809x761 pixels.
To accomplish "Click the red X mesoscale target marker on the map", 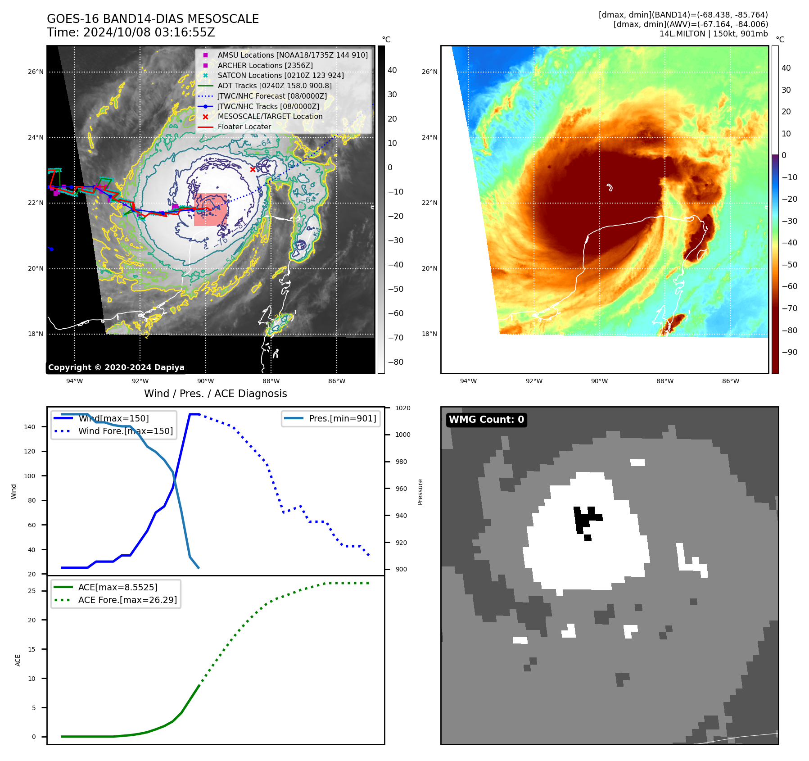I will click(x=253, y=170).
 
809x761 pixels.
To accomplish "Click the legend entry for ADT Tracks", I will click(x=274, y=86).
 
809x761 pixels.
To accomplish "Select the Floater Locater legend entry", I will click(x=244, y=127).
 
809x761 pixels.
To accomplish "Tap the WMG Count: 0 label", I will click(x=486, y=420).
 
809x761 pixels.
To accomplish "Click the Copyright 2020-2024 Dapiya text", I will click(x=116, y=367).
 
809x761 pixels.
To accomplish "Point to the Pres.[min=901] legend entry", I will click(x=342, y=418).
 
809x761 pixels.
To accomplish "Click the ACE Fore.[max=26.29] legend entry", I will click(x=127, y=600).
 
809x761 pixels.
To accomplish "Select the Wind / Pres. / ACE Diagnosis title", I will click(x=215, y=394).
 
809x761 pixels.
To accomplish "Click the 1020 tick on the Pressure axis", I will click(x=402, y=408).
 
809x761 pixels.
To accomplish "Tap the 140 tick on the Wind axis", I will click(x=30, y=427).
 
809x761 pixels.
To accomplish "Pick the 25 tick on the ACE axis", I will click(x=32, y=591).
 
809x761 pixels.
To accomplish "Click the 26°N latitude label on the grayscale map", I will click(x=36, y=72).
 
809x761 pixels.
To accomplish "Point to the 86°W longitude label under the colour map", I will click(x=730, y=381).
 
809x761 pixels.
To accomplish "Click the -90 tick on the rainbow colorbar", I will click(x=789, y=352).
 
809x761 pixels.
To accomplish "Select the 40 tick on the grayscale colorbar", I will click(x=392, y=70).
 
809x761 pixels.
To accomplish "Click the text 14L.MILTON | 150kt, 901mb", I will click(x=714, y=34).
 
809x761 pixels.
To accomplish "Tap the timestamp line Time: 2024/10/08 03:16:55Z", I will click(x=131, y=32).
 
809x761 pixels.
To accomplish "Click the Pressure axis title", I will click(x=420, y=492).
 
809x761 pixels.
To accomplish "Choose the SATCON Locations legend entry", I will click(x=280, y=75).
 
